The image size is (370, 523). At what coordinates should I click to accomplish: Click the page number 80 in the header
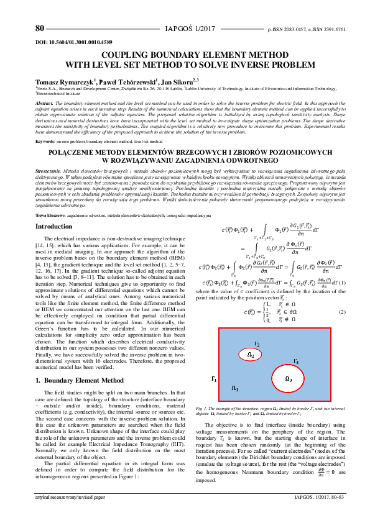click(x=40, y=29)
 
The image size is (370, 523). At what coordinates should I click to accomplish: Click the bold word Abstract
click(x=44, y=102)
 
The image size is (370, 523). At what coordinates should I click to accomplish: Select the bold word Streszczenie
click(x=48, y=170)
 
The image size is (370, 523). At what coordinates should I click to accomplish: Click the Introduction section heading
click(x=54, y=227)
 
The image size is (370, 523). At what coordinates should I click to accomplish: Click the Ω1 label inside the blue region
click(x=235, y=388)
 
